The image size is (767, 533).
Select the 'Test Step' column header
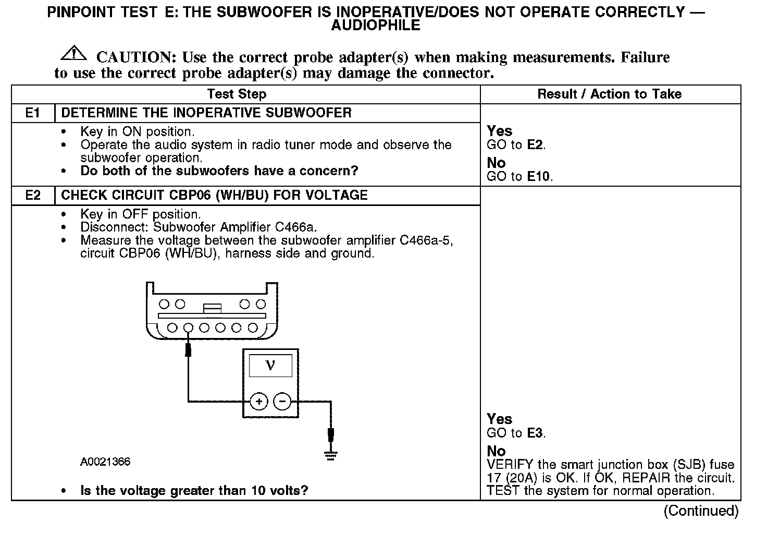(237, 94)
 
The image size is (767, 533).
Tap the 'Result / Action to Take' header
(609, 94)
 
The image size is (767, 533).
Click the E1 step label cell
(33, 113)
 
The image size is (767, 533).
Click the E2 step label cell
(33, 196)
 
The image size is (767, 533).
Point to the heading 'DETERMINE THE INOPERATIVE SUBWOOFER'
(206, 113)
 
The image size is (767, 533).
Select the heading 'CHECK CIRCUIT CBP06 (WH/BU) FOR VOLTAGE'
(214, 196)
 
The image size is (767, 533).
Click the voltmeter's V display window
(270, 365)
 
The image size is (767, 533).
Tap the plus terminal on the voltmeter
(259, 402)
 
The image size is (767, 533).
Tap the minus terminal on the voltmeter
(282, 402)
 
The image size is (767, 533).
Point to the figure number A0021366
(105, 462)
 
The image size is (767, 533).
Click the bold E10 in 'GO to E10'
(538, 177)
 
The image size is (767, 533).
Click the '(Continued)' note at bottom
(701, 511)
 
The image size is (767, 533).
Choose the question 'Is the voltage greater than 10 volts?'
(194, 491)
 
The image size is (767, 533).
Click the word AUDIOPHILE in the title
(376, 26)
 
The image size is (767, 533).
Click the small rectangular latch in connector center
(212, 308)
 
